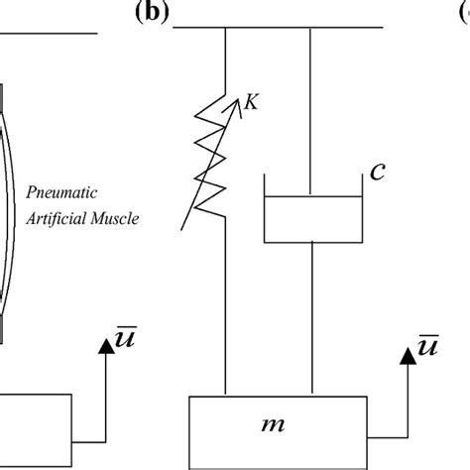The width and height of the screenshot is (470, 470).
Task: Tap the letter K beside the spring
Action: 251,102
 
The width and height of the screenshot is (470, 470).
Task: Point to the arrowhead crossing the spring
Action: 239,99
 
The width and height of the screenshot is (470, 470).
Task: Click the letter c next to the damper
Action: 377,172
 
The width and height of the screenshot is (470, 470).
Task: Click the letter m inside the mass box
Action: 298,424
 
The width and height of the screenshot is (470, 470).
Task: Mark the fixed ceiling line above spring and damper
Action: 279,29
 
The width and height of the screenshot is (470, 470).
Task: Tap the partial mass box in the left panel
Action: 35,426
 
